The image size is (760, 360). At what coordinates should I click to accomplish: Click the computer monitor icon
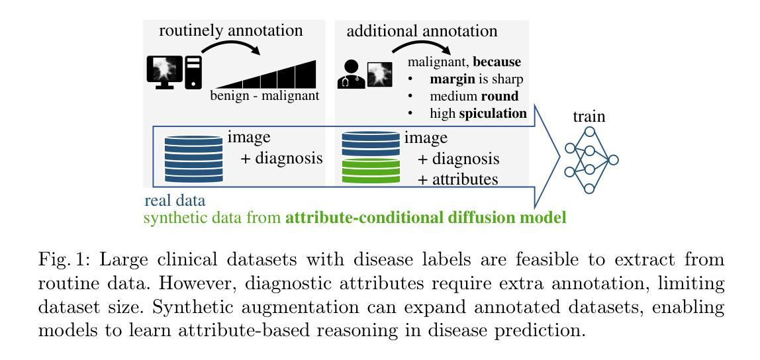(165, 72)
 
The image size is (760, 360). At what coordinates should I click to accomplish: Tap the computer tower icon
(194, 72)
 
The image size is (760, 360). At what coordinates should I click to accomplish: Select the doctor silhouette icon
(351, 74)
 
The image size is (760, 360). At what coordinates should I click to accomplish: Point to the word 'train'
(589, 116)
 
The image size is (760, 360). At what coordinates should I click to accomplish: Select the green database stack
(371, 172)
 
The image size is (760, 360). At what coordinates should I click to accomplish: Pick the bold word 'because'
(497, 62)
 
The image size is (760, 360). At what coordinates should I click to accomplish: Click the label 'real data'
(175, 200)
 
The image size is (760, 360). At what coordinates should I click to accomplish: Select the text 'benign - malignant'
(265, 95)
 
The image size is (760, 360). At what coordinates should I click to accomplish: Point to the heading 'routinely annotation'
(230, 30)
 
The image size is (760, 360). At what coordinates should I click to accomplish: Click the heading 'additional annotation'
(422, 31)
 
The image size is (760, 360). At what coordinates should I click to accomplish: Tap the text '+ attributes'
(457, 179)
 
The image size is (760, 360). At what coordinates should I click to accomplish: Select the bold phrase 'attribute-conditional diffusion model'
(426, 218)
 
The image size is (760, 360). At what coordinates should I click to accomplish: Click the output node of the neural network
(613, 159)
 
